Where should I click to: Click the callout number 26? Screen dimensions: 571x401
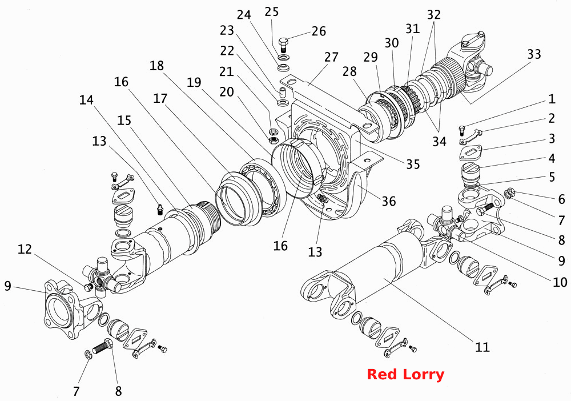coord(319,31)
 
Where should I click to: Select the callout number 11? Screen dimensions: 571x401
coord(482,347)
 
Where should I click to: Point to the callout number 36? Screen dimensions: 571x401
coord(388,201)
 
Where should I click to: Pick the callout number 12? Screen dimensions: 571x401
coord(25,250)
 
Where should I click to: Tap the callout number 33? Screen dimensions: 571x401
coord(534,55)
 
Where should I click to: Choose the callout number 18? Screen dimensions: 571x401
coord(156,66)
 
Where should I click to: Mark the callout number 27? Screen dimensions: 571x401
coord(331,57)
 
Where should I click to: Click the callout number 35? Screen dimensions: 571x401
coord(413,165)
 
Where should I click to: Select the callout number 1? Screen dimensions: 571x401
coord(552,99)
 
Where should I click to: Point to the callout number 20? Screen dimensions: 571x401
coord(227,92)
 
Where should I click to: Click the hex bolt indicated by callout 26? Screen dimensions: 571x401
coord(284,45)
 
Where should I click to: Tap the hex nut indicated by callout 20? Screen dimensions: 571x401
coord(274,139)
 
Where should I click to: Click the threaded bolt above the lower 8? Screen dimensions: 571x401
coord(103,346)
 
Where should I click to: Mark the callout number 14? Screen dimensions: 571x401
coord(86,100)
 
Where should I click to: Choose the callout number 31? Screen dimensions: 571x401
coord(413,29)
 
